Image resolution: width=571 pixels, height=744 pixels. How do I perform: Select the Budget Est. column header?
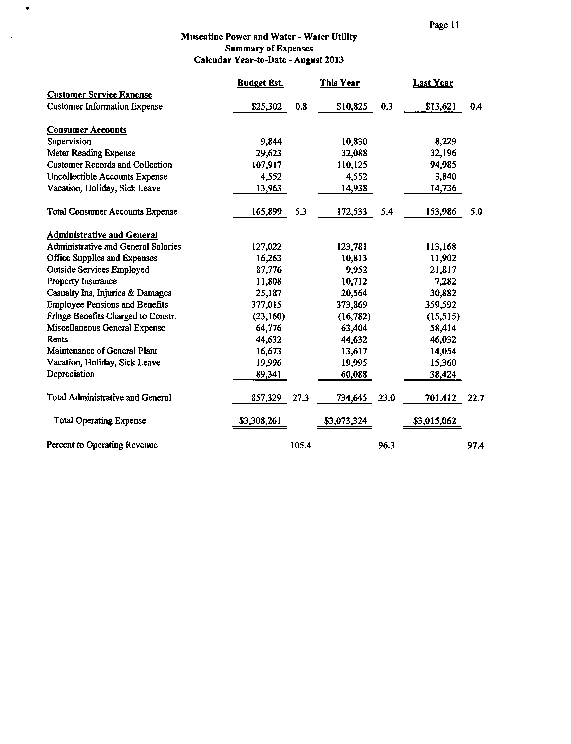260,83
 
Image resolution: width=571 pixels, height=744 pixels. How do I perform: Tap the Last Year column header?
433,83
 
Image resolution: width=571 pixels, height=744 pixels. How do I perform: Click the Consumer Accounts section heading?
87,130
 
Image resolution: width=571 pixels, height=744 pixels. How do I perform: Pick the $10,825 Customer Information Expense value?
352,107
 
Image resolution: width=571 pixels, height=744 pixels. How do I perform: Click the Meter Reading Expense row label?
91,153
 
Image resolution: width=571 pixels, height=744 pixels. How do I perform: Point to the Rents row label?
57,339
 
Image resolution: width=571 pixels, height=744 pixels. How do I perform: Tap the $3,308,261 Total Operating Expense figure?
260,421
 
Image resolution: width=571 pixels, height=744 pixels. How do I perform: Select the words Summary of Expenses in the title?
269,49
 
